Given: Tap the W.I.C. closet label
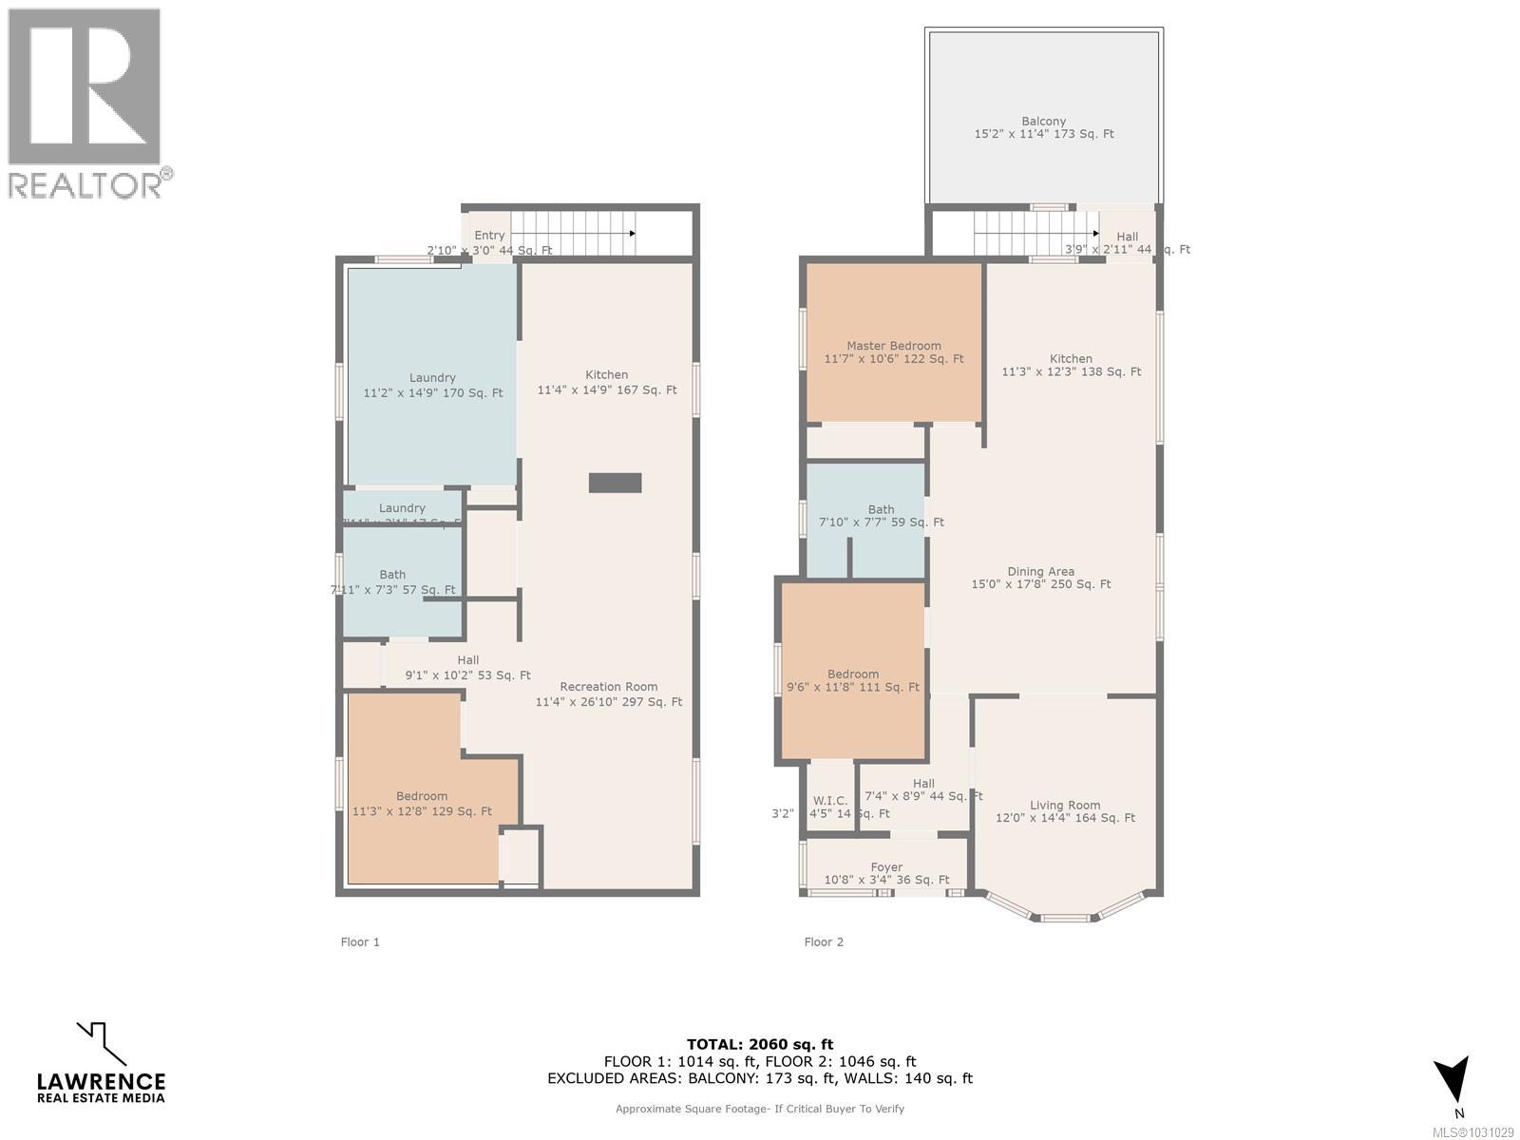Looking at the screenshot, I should pos(829,801).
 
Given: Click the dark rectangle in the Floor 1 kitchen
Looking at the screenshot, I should pos(615,483).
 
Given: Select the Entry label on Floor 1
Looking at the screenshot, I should pos(489,236).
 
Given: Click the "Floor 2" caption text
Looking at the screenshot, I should pos(823,942).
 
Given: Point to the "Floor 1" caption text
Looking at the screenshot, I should pos(360,942).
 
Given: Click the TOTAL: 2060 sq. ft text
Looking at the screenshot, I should pos(760,1044).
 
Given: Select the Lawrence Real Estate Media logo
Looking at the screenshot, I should pos(101,1064).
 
